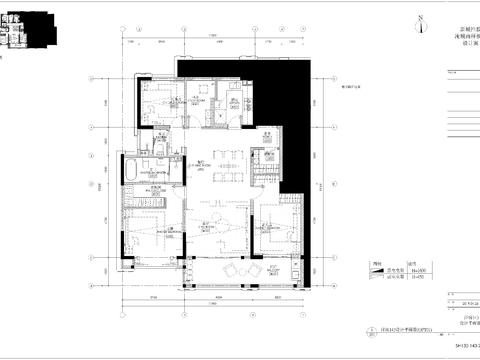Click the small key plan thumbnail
coord(13,28)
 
